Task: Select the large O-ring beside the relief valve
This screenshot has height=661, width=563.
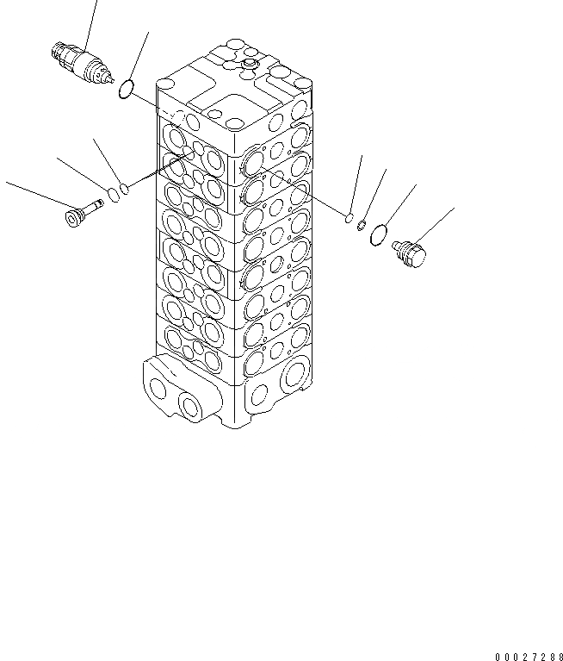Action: click(x=126, y=89)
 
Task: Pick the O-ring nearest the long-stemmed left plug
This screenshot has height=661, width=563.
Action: click(x=112, y=191)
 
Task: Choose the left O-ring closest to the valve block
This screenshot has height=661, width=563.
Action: click(x=126, y=187)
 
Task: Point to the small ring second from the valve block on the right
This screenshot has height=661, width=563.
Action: click(x=362, y=226)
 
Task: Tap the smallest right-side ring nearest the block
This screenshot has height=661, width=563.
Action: click(x=350, y=219)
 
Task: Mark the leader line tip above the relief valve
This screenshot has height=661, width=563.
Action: click(x=95, y=3)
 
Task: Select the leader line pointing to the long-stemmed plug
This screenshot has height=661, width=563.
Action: click(x=34, y=192)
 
